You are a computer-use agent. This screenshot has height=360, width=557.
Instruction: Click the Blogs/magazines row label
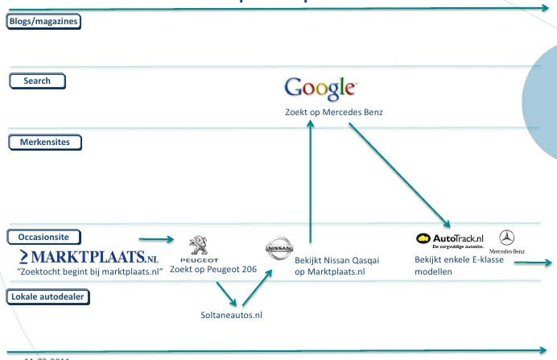click(43, 22)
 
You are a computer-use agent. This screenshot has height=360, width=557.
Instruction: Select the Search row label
click(37, 81)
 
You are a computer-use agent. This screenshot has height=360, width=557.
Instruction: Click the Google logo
click(320, 88)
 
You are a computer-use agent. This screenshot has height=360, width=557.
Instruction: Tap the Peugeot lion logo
click(199, 246)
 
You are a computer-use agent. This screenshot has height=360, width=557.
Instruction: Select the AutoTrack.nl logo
click(449, 240)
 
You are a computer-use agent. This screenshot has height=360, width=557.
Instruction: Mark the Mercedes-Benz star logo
click(507, 238)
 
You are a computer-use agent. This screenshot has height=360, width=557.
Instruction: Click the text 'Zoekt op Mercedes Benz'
click(333, 113)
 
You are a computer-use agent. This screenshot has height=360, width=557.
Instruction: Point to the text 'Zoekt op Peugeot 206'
click(213, 270)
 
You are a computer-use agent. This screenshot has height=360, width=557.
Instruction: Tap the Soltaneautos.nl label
click(232, 315)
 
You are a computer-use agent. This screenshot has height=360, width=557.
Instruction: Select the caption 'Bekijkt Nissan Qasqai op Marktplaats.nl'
click(336, 267)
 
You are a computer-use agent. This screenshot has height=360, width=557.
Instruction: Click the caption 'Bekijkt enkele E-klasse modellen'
click(452, 266)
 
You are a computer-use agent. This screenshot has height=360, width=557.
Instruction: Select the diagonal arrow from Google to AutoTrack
click(398, 173)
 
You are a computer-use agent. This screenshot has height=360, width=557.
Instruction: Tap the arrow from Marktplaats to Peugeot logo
click(156, 239)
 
